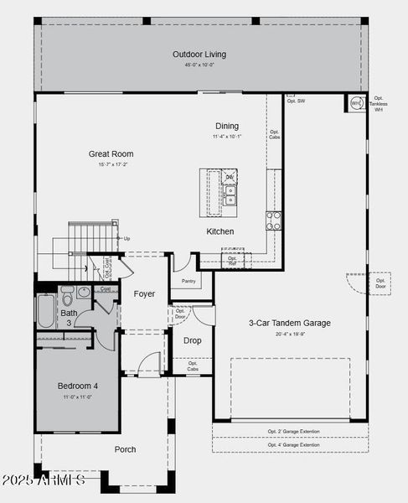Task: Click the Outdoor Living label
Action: [x=199, y=54]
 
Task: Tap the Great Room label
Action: [x=111, y=153]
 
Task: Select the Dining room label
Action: [x=226, y=126]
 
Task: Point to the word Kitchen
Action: [x=220, y=231]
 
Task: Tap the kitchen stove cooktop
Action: [x=273, y=220]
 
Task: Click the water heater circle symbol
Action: [x=355, y=104]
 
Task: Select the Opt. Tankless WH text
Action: [x=379, y=103]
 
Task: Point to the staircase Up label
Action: [x=127, y=238]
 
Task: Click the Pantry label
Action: [x=189, y=281]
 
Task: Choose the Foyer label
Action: [x=144, y=294]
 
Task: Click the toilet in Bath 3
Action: [x=66, y=293]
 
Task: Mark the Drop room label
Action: [x=193, y=340]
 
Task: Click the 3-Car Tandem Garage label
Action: [x=290, y=323]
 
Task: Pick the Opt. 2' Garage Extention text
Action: [x=290, y=432]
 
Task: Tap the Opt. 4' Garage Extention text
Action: [x=290, y=445]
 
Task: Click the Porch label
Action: [x=125, y=449]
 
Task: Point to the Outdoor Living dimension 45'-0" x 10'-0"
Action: [x=199, y=65]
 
